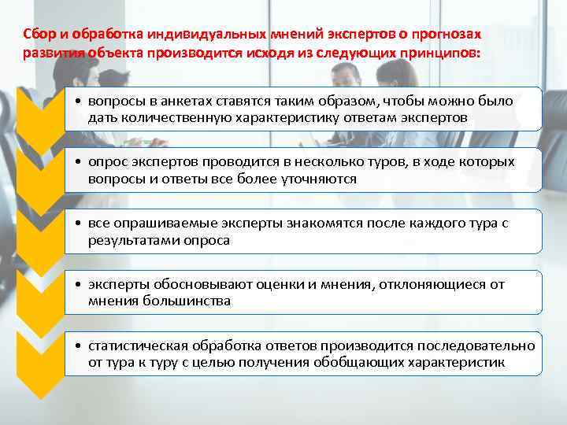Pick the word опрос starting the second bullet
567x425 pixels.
pyautogui.click(x=106, y=163)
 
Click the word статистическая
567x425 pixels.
pyautogui.click(x=137, y=346)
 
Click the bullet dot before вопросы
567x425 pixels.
pyautogui.click(x=80, y=102)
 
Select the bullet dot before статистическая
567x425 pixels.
pyautogui.click(x=80, y=347)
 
